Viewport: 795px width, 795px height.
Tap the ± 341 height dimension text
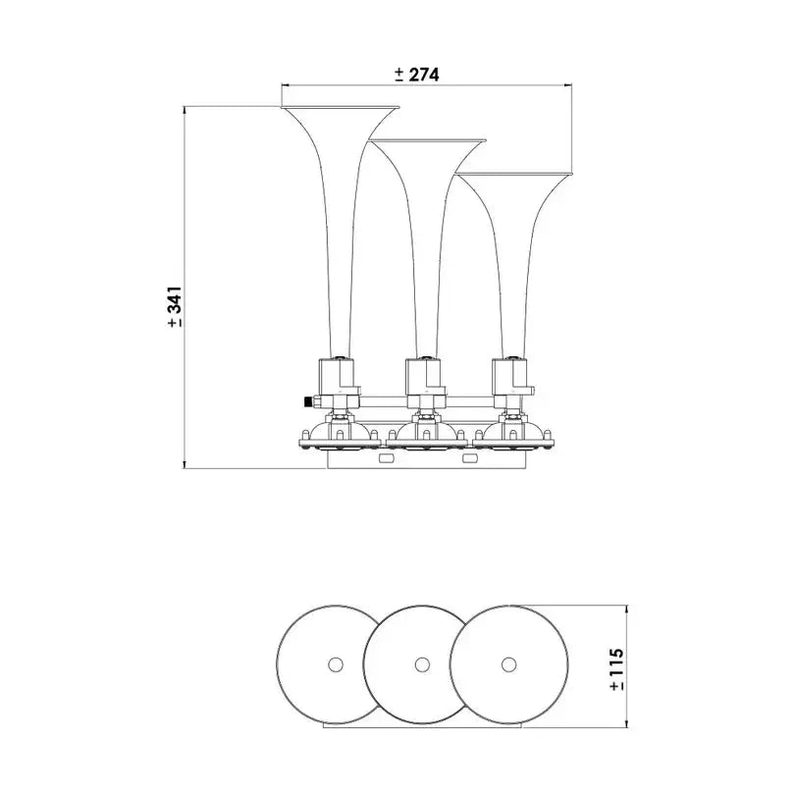point(175,307)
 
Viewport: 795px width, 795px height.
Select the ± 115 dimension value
point(616,669)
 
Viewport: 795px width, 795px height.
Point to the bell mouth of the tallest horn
point(341,107)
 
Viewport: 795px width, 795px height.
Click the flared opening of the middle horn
point(428,143)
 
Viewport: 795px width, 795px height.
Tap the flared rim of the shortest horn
point(514,177)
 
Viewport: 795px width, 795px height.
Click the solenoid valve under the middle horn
point(424,376)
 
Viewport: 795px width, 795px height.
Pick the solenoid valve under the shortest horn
point(510,376)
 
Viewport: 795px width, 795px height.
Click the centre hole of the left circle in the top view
point(335,663)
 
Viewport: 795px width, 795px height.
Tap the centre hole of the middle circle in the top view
point(422,663)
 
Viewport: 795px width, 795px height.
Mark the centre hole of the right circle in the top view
point(508,663)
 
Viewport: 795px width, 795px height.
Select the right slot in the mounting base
point(466,455)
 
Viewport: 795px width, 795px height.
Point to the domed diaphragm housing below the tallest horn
point(338,433)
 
